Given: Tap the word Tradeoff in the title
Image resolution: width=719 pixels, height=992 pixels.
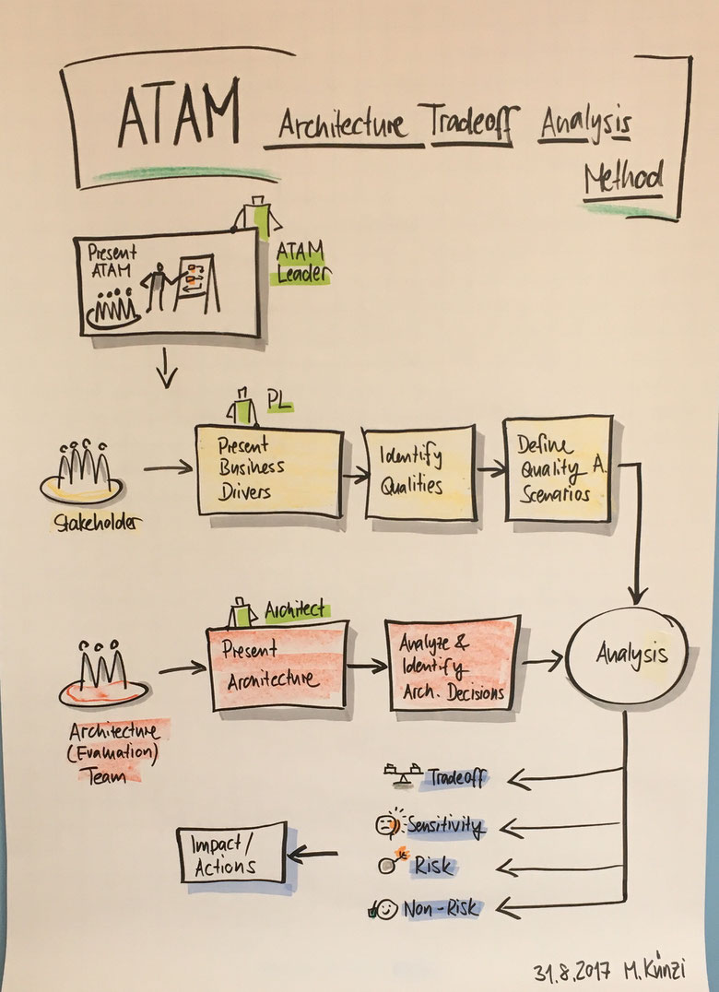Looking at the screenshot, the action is click(x=472, y=122).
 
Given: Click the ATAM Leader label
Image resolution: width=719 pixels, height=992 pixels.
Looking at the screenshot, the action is click(x=303, y=264).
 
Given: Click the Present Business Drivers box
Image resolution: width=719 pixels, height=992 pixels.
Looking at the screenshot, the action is click(x=269, y=472).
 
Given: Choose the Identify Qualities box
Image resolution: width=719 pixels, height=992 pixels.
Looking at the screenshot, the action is click(x=420, y=473).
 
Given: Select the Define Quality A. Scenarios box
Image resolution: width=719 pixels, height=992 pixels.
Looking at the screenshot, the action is click(x=559, y=468).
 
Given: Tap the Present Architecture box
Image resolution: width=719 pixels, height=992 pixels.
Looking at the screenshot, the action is click(x=277, y=666).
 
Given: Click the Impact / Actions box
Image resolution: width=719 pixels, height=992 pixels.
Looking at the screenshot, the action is click(x=232, y=853).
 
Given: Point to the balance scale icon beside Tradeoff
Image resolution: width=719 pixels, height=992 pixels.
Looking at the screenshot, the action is click(x=403, y=774).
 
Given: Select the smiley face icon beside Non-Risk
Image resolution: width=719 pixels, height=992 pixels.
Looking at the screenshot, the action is click(x=384, y=910).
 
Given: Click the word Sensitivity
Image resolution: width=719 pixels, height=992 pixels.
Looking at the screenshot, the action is click(x=446, y=826).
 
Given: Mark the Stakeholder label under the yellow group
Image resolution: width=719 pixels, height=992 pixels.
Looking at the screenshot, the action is click(x=98, y=524).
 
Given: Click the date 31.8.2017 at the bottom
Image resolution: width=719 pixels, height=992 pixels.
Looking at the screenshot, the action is click(x=572, y=969).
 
